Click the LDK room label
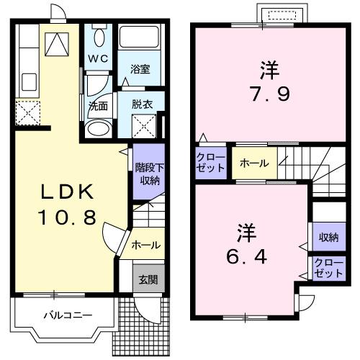66,193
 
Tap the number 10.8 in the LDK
66,216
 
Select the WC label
99,58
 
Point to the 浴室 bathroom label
140,69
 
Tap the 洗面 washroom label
98,104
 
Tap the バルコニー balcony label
66,315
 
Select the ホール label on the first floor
145,246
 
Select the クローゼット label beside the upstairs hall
210,162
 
